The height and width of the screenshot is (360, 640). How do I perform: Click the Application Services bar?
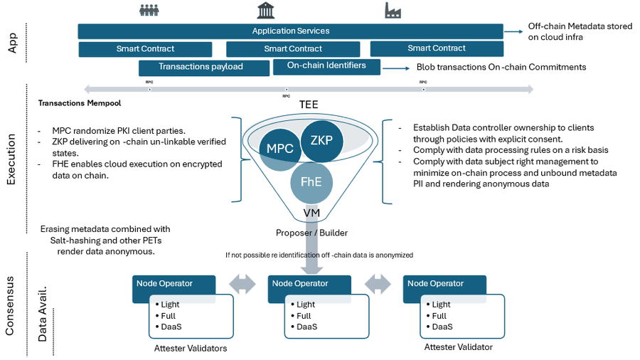(x=290, y=31)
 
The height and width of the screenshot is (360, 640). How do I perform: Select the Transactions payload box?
(x=201, y=67)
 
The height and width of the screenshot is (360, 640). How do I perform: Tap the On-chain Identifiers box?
(x=326, y=66)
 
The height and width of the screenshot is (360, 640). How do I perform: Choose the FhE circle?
(x=311, y=181)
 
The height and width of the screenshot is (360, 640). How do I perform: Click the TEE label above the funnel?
(x=308, y=105)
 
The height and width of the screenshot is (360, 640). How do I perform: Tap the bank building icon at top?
(x=267, y=10)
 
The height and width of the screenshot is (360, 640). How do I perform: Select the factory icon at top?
(x=393, y=10)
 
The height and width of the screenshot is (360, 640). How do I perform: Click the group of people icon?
(x=149, y=10)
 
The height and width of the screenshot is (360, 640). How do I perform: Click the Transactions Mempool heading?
(x=80, y=103)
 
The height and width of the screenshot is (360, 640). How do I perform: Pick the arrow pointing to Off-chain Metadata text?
(x=513, y=32)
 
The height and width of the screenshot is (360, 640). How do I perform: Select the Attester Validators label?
(x=191, y=349)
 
